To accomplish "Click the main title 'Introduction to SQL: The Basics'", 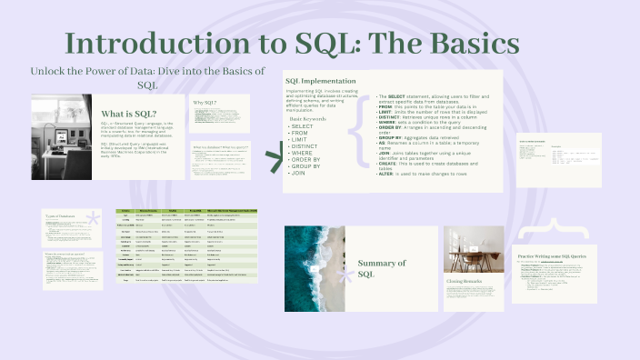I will (x=293, y=43).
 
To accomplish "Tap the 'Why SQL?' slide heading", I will (x=205, y=103).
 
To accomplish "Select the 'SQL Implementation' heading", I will (x=326, y=81).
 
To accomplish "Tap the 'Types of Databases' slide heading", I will (x=64, y=215).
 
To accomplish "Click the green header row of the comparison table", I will (x=187, y=211).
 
